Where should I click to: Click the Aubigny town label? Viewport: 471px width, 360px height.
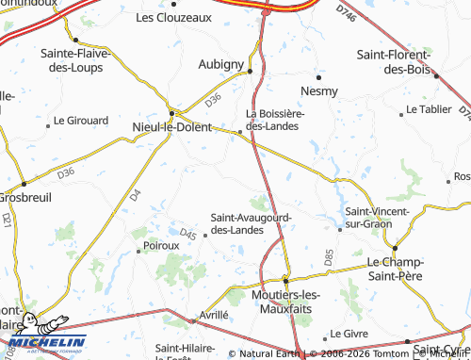click(x=220, y=63)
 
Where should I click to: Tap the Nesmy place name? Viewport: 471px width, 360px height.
click(x=317, y=90)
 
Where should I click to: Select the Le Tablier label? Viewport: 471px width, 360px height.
click(x=430, y=109)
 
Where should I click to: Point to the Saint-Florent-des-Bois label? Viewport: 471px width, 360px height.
click(x=394, y=62)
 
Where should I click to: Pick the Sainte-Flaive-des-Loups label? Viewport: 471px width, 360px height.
click(x=75, y=58)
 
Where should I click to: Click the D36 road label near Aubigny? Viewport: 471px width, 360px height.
click(x=213, y=98)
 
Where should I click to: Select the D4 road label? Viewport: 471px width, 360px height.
click(x=134, y=196)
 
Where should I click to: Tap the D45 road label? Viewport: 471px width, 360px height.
click(x=187, y=235)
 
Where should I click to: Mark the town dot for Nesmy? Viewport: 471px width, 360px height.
click(x=318, y=76)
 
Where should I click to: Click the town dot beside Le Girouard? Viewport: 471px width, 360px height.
click(x=47, y=122)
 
